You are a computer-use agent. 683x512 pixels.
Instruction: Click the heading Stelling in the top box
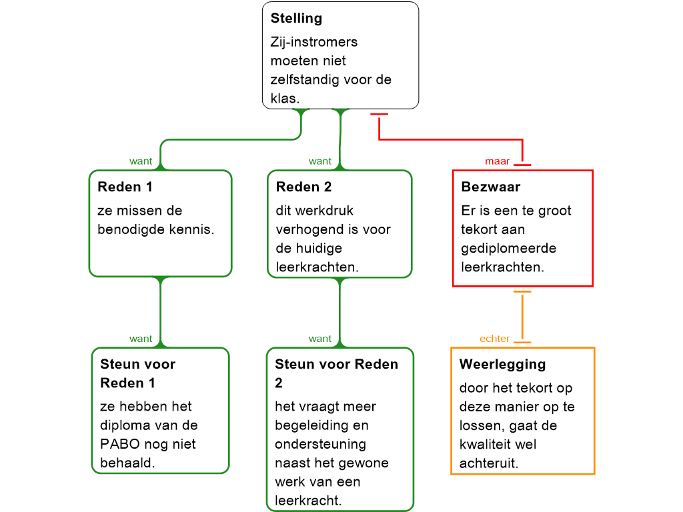click(x=296, y=19)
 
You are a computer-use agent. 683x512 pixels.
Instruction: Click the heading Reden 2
click(x=304, y=187)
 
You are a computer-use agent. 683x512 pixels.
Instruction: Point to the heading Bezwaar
click(x=491, y=187)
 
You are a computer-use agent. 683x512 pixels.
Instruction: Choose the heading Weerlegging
click(x=502, y=365)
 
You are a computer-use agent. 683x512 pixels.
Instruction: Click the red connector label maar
click(x=498, y=161)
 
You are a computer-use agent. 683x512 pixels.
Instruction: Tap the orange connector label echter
click(x=495, y=339)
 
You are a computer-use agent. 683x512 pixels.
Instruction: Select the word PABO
click(x=119, y=444)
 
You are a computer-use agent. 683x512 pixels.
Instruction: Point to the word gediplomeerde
click(x=504, y=248)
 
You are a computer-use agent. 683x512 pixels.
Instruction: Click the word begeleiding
click(x=309, y=425)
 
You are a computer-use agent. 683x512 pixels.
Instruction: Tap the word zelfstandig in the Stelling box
click(x=305, y=80)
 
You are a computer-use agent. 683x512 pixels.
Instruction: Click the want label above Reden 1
click(x=141, y=161)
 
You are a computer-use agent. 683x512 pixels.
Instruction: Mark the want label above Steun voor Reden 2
click(x=320, y=339)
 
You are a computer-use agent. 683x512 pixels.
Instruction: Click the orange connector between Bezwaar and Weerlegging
click(x=522, y=317)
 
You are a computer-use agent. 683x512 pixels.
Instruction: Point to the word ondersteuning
click(x=320, y=444)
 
